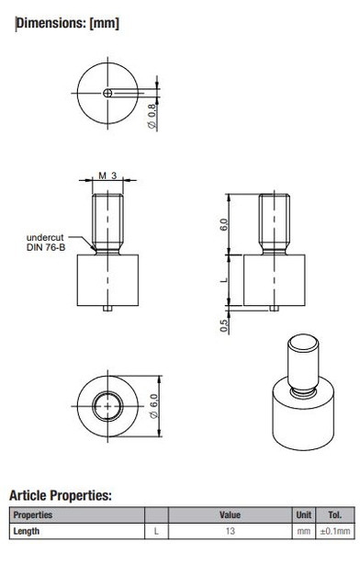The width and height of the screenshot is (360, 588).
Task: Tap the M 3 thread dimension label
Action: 108,175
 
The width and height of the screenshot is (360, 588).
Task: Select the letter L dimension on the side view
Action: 224,280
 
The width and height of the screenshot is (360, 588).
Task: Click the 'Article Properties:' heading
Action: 60,495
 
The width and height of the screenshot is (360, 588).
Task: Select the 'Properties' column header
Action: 33,515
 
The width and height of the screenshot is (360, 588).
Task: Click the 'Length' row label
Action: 27,531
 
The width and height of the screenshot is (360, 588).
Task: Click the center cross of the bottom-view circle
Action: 109,404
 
